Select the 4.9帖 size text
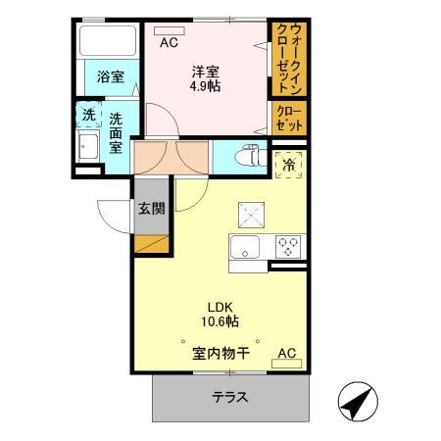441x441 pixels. click(x=204, y=85)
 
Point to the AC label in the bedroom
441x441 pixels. click(x=169, y=41)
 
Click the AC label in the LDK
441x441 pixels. click(x=287, y=353)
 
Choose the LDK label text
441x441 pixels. click(x=220, y=305)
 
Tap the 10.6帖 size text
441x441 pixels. click(x=220, y=321)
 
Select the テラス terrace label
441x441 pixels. click(x=230, y=398)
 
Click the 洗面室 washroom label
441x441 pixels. click(x=116, y=131)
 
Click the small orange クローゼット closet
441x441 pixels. click(x=288, y=119)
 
